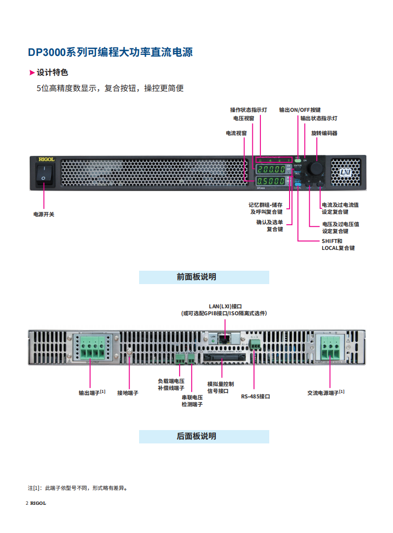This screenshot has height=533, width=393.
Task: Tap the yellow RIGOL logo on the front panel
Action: tap(47, 159)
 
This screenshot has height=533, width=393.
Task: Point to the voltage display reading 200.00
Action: tap(271, 169)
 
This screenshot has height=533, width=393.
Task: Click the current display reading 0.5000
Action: tap(271, 181)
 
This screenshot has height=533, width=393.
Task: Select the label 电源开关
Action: tap(44, 214)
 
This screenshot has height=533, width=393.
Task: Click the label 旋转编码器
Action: tap(324, 133)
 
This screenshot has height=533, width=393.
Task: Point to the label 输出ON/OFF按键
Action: tap(299, 110)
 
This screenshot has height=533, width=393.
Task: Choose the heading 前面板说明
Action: tap(204, 277)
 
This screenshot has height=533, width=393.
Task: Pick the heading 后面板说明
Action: tap(204, 436)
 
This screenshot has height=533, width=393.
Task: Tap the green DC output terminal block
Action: tap(93, 348)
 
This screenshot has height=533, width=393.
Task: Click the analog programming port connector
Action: tap(221, 357)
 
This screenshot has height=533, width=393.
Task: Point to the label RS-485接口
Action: tap(255, 396)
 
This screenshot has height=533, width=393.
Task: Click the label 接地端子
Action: tap(128, 393)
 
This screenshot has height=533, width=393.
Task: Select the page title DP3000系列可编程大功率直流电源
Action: tap(110, 52)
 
